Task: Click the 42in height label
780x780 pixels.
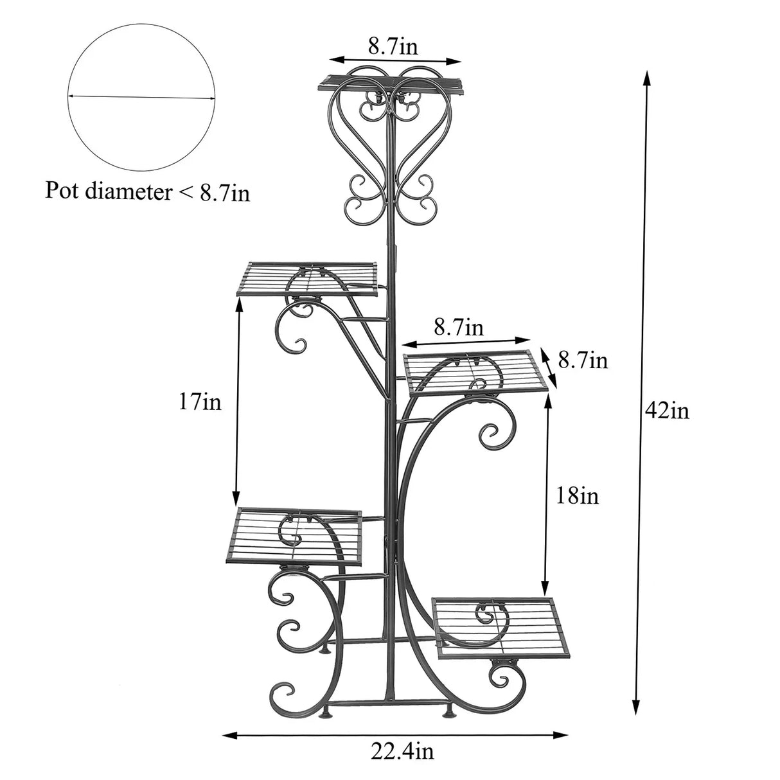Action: click(667, 409)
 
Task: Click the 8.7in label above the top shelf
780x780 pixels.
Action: click(393, 46)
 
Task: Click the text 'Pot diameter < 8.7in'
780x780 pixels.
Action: click(147, 191)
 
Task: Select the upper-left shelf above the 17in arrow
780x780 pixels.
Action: click(308, 278)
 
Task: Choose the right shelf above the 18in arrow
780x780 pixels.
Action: click(476, 371)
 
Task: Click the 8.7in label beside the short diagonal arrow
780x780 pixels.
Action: click(582, 360)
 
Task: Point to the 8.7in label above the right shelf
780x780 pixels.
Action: click(459, 328)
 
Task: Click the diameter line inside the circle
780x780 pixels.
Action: click(141, 96)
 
